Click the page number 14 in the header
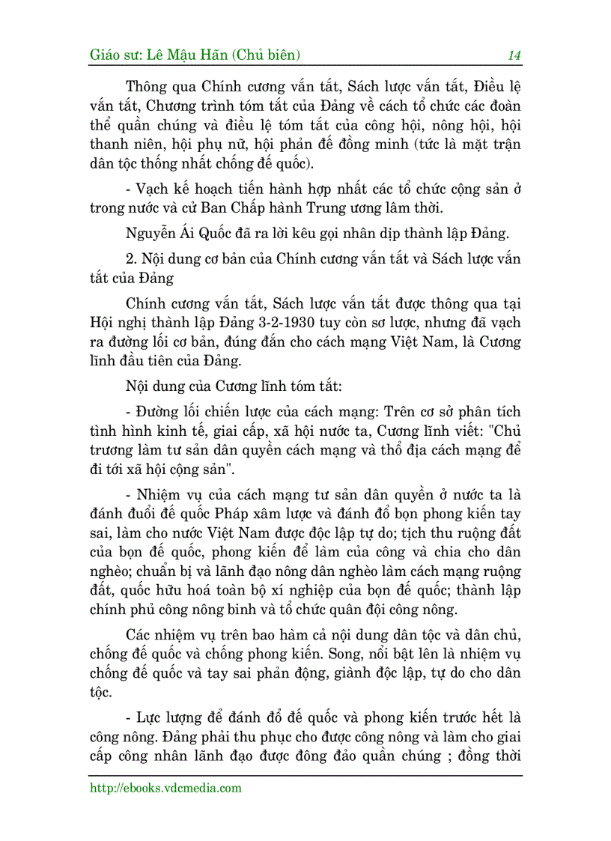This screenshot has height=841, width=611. coord(514,55)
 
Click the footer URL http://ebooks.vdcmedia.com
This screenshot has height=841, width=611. coord(165,788)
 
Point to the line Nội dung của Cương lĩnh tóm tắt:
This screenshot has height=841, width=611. coord(234,388)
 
